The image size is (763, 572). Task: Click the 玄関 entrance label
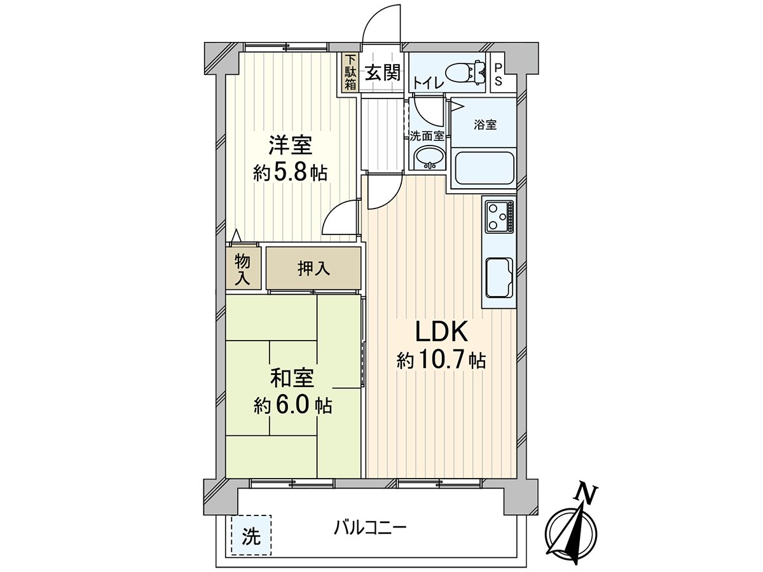click(x=383, y=72)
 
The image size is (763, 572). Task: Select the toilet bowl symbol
click(x=464, y=72)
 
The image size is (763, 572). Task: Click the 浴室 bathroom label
click(x=485, y=125)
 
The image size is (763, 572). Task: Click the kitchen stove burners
click(x=499, y=216)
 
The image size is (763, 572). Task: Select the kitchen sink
click(x=500, y=278)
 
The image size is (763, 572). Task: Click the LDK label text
click(x=441, y=332)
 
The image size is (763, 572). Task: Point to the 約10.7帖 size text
click(x=441, y=362)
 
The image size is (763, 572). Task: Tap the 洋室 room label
click(x=290, y=146)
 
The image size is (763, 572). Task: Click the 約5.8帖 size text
click(x=290, y=173)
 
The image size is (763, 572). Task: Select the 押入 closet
click(x=313, y=268)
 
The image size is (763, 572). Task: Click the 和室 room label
click(x=292, y=378)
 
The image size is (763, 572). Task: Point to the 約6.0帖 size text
click(x=292, y=405)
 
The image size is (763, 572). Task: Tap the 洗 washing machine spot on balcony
click(x=251, y=536)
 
